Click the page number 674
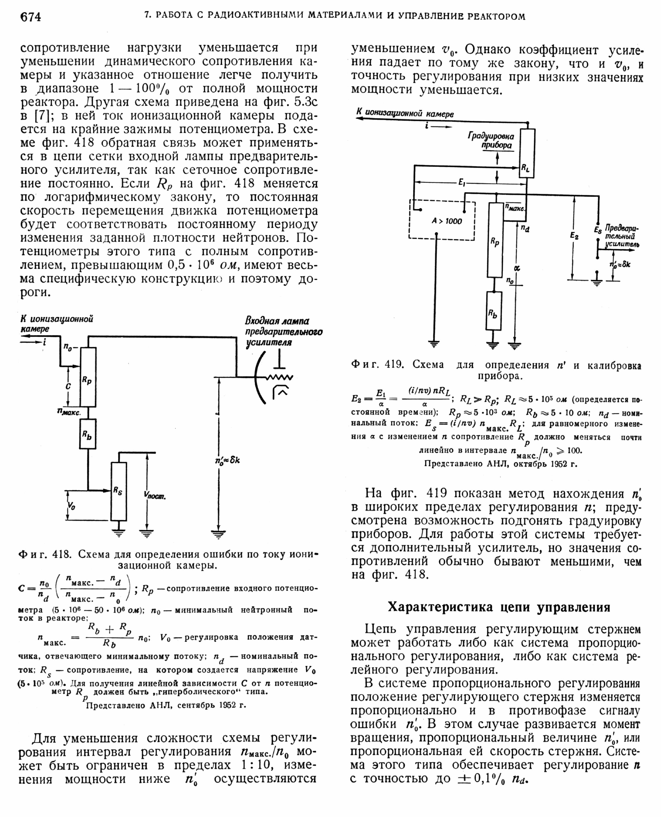tap(31, 17)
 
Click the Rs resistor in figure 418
tap(118, 491)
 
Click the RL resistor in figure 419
tap(527, 153)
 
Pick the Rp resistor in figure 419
tap(495, 240)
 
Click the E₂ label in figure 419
tap(574, 236)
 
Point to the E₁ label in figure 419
tap(462, 183)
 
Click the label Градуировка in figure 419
tap(491, 136)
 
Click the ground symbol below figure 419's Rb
tap(493, 345)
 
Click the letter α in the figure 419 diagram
tap(517, 268)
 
